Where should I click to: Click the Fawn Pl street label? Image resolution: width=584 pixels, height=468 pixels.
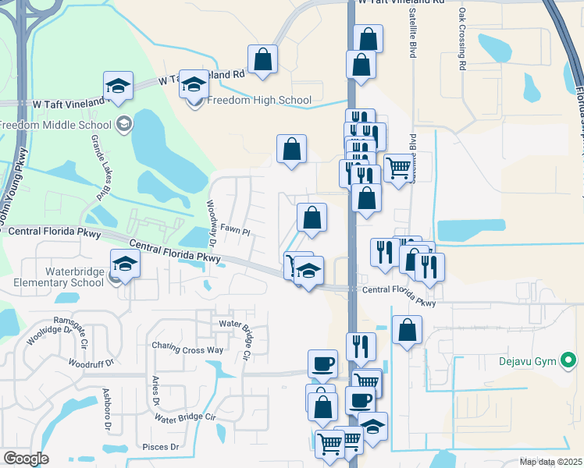(234, 232)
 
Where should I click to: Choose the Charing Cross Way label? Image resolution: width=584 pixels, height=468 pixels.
(187, 349)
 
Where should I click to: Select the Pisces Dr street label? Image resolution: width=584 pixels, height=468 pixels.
(162, 448)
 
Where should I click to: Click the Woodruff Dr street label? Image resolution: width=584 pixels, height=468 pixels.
(91, 363)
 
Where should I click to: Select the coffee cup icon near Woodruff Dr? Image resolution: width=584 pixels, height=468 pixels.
(322, 363)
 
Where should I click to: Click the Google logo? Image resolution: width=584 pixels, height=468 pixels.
(26, 459)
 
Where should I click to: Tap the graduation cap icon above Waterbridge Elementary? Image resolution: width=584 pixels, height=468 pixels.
(125, 264)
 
